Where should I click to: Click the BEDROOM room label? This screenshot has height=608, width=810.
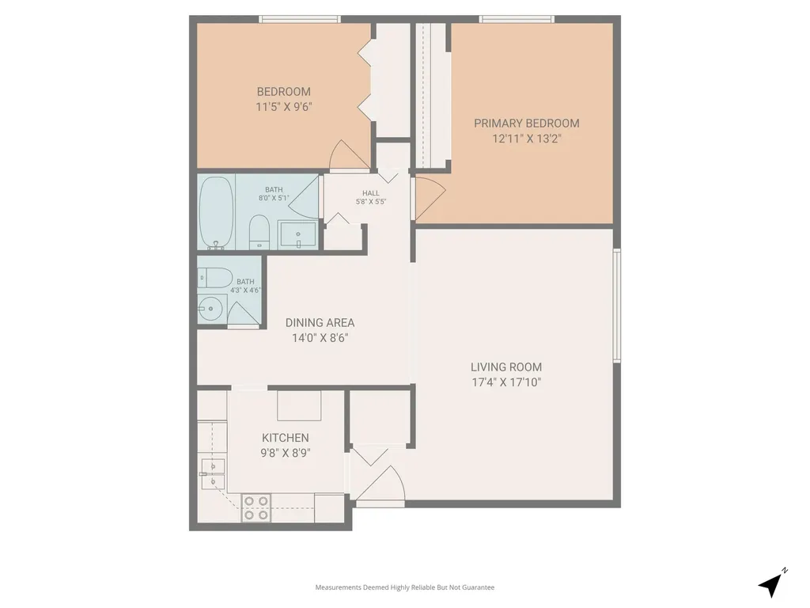click(284, 92)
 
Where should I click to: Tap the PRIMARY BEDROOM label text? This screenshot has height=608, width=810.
click(526, 123)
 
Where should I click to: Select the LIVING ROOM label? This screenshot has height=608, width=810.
click(505, 367)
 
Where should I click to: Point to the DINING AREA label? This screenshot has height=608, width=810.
click(320, 323)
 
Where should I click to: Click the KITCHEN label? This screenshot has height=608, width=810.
click(285, 438)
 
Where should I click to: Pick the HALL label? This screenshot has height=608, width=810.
click(371, 193)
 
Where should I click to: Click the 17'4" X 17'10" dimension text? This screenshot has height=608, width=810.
click(505, 382)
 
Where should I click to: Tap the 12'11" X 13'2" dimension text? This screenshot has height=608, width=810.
click(526, 139)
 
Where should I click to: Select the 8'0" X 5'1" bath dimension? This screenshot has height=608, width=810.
click(274, 198)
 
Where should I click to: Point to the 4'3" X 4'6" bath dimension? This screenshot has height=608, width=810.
click(245, 290)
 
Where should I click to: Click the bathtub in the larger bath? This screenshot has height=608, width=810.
click(216, 212)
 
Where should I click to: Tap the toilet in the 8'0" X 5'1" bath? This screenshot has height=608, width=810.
click(259, 232)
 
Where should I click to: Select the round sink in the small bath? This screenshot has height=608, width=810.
click(210, 309)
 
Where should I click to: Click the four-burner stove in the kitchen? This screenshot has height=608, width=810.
click(256, 507)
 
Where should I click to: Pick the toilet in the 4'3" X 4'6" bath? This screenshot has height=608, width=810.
click(215, 278)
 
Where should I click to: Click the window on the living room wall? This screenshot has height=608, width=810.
click(616, 305)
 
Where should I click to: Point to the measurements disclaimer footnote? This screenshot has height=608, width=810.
click(405, 587)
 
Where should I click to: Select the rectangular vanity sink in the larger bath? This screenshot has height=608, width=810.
click(297, 234)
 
